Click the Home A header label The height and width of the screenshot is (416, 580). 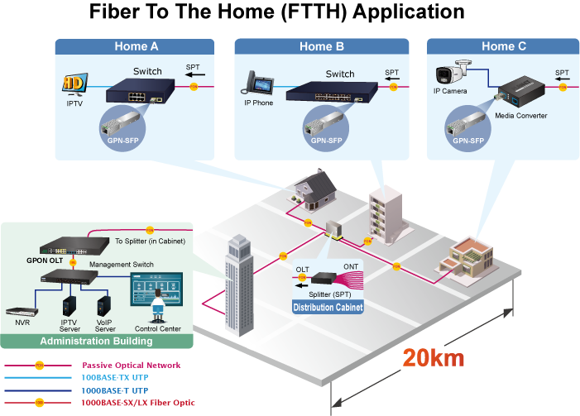coord(136,46)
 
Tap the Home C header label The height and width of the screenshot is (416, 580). coord(503,46)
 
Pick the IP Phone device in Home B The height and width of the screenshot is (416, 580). coord(258,84)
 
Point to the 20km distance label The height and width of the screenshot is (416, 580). coord(433,358)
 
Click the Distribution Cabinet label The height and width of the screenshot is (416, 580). coord(328,308)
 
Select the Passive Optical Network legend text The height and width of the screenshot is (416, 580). coord(131,365)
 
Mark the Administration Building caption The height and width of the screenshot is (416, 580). coord(97,341)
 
